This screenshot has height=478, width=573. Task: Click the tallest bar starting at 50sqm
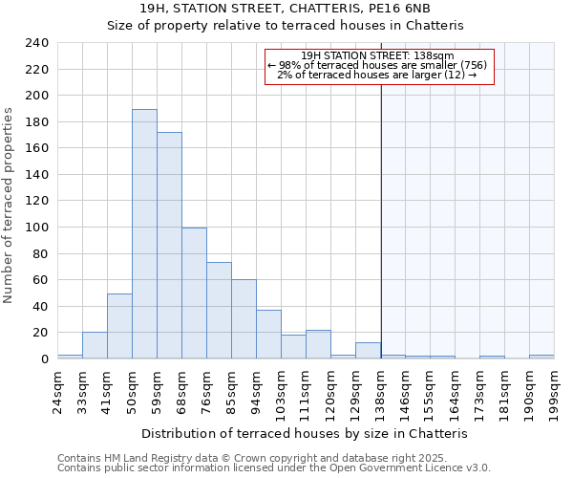(x=144, y=234)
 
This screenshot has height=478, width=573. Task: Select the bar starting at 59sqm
(x=169, y=246)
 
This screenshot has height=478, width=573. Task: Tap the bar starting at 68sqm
(x=194, y=293)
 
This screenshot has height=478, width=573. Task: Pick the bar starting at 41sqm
(x=119, y=326)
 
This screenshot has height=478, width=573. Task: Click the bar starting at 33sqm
(x=95, y=345)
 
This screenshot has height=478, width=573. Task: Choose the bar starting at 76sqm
(x=219, y=311)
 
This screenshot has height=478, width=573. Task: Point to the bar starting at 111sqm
(x=318, y=344)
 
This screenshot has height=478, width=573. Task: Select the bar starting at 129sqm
(x=368, y=350)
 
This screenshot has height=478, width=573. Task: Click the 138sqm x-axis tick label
(x=380, y=390)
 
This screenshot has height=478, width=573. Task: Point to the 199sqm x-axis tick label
(x=554, y=390)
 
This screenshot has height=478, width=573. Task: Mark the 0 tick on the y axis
(x=44, y=359)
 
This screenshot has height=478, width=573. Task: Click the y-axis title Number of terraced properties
(x=10, y=206)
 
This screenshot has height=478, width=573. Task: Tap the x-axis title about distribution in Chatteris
(x=310, y=433)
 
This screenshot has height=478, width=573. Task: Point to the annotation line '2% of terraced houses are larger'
(x=378, y=75)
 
